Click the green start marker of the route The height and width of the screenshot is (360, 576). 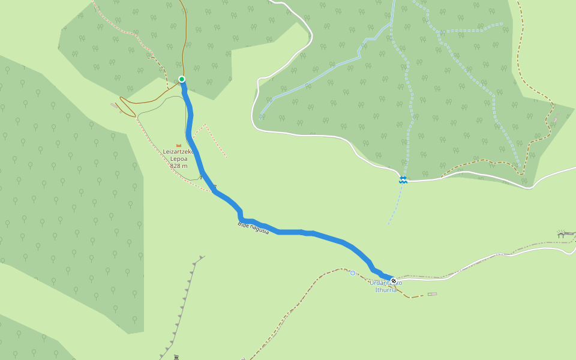(182, 79)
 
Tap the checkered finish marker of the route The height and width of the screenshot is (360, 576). (394, 281)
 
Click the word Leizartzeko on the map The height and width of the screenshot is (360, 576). (178, 152)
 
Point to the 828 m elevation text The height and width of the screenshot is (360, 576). (179, 166)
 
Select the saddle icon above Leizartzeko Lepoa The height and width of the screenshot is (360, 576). (179, 145)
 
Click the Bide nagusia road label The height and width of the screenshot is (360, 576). (253, 227)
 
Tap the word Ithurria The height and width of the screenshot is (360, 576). (386, 290)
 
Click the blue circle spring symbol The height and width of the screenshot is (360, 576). (353, 273)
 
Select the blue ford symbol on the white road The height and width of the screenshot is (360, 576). (403, 179)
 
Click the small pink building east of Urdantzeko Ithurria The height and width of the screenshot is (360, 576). (432, 294)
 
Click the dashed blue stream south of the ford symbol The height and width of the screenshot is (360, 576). (396, 204)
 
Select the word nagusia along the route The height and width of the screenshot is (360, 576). (260, 230)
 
